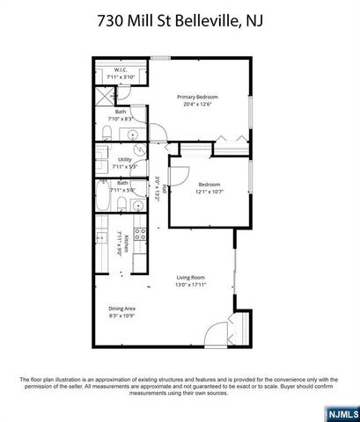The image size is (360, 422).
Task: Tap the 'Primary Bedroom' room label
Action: [x=196, y=97]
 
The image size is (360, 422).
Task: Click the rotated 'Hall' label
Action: [x=165, y=189]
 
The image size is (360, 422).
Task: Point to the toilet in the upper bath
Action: [x=106, y=133]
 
